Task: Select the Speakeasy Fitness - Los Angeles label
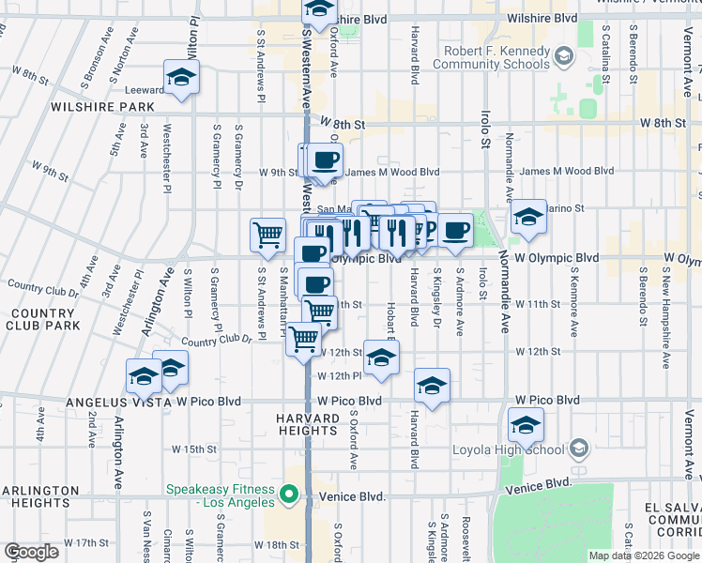221,495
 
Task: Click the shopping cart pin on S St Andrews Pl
268,235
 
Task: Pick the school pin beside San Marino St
528,219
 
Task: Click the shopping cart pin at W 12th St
303,339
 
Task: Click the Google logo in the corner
32,552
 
